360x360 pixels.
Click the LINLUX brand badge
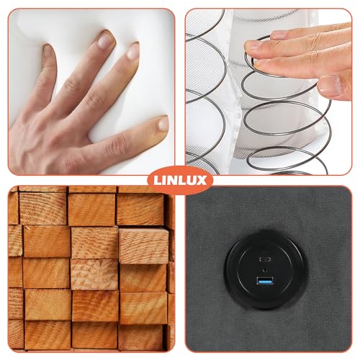(x=180, y=180)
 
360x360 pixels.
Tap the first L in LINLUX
(x=157, y=181)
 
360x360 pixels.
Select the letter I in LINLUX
(x=163, y=181)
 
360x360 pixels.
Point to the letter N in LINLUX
(x=172, y=181)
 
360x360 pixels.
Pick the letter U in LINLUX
(x=192, y=181)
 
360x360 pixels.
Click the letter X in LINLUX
(x=202, y=181)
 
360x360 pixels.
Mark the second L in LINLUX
(x=182, y=181)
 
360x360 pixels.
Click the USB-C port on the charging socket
(x=266, y=259)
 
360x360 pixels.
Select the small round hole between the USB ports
(x=265, y=269)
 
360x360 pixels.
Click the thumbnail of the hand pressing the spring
(x=269, y=91)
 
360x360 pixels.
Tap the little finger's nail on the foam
(x=47, y=51)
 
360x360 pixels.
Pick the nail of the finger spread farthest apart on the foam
(x=163, y=123)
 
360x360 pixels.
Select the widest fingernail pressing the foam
(x=104, y=40)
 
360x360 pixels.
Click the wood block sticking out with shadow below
(x=144, y=246)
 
